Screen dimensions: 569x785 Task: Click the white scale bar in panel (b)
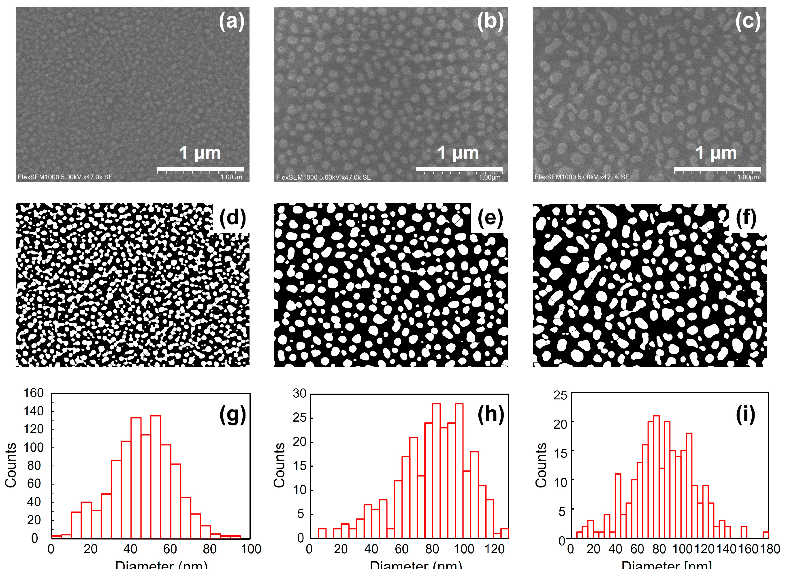point(459,169)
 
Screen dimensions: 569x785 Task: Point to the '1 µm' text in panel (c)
point(716,153)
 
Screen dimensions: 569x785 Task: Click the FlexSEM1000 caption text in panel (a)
point(65,177)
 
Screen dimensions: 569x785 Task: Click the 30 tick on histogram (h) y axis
point(300,393)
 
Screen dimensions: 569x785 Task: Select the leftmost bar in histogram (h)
point(322,533)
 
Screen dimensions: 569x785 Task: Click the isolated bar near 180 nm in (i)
point(766,535)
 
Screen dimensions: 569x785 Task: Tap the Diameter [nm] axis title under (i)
point(666,565)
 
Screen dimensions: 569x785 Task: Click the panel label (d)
point(232,218)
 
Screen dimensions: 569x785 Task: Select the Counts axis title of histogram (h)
point(279,465)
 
